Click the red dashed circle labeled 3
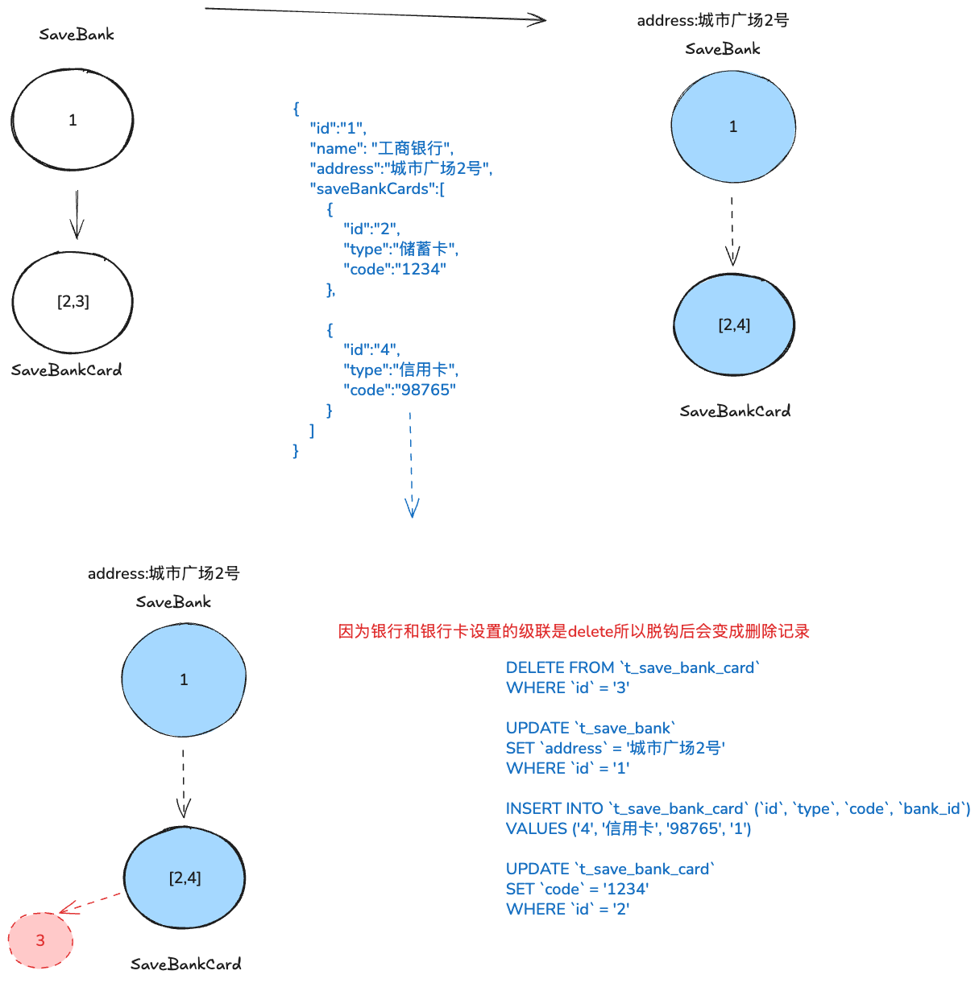pos(40,940)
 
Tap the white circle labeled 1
pos(73,120)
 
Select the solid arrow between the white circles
pos(77,215)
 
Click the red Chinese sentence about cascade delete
pos(573,631)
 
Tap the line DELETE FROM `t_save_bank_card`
pos(633,667)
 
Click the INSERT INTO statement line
pos(737,808)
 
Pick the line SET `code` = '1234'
pos(577,889)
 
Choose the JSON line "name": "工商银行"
pos(382,148)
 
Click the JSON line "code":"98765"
pos(400,390)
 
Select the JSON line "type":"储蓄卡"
pos(400,249)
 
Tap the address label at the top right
pos(712,20)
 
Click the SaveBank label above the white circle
pos(77,35)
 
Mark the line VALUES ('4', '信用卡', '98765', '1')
pos(628,828)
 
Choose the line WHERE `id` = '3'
pos(567,688)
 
